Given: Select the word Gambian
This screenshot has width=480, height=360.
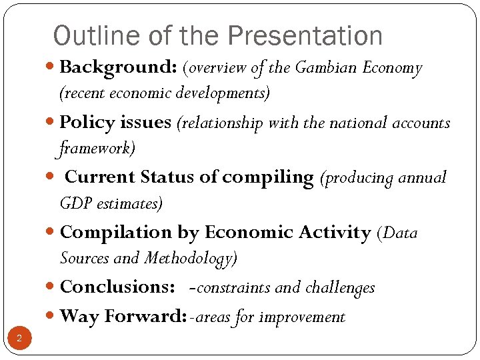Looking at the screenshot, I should click(325, 68).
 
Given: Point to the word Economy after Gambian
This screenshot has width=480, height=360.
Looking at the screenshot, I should click(392, 69).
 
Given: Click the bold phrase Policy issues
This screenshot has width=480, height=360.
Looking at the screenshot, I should click(115, 123).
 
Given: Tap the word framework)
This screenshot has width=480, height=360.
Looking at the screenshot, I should click(97, 148).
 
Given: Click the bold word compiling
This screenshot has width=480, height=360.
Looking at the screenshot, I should click(267, 178).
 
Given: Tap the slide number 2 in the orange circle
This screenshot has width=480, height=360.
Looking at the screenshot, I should click(19, 339).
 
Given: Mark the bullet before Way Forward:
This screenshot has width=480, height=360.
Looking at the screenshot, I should click(53, 317).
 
